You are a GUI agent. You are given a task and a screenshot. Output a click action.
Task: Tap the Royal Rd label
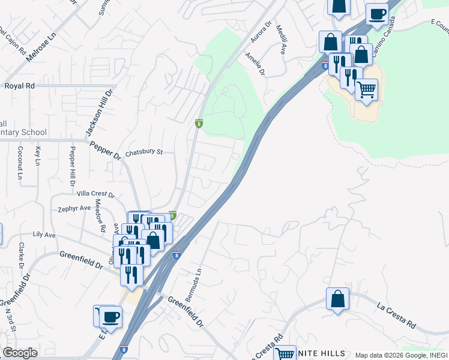point(20,86)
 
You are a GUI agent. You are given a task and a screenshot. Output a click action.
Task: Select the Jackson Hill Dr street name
point(99,113)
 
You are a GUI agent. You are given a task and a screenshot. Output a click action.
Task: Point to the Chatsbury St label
point(143,152)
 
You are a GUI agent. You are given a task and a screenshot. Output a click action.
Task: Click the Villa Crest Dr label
point(95,194)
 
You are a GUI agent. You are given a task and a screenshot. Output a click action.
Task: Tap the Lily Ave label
point(44,234)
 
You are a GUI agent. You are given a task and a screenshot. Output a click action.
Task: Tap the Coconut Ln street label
point(20,163)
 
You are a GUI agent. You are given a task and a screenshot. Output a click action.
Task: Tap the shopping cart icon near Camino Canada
point(366,90)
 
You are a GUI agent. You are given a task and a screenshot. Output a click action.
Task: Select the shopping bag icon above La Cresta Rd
point(338,298)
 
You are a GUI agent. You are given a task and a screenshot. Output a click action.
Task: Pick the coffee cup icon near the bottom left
point(110,316)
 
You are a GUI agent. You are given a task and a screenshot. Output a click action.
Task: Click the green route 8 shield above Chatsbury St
point(199,124)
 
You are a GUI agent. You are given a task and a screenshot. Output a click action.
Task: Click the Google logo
point(20,353)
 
